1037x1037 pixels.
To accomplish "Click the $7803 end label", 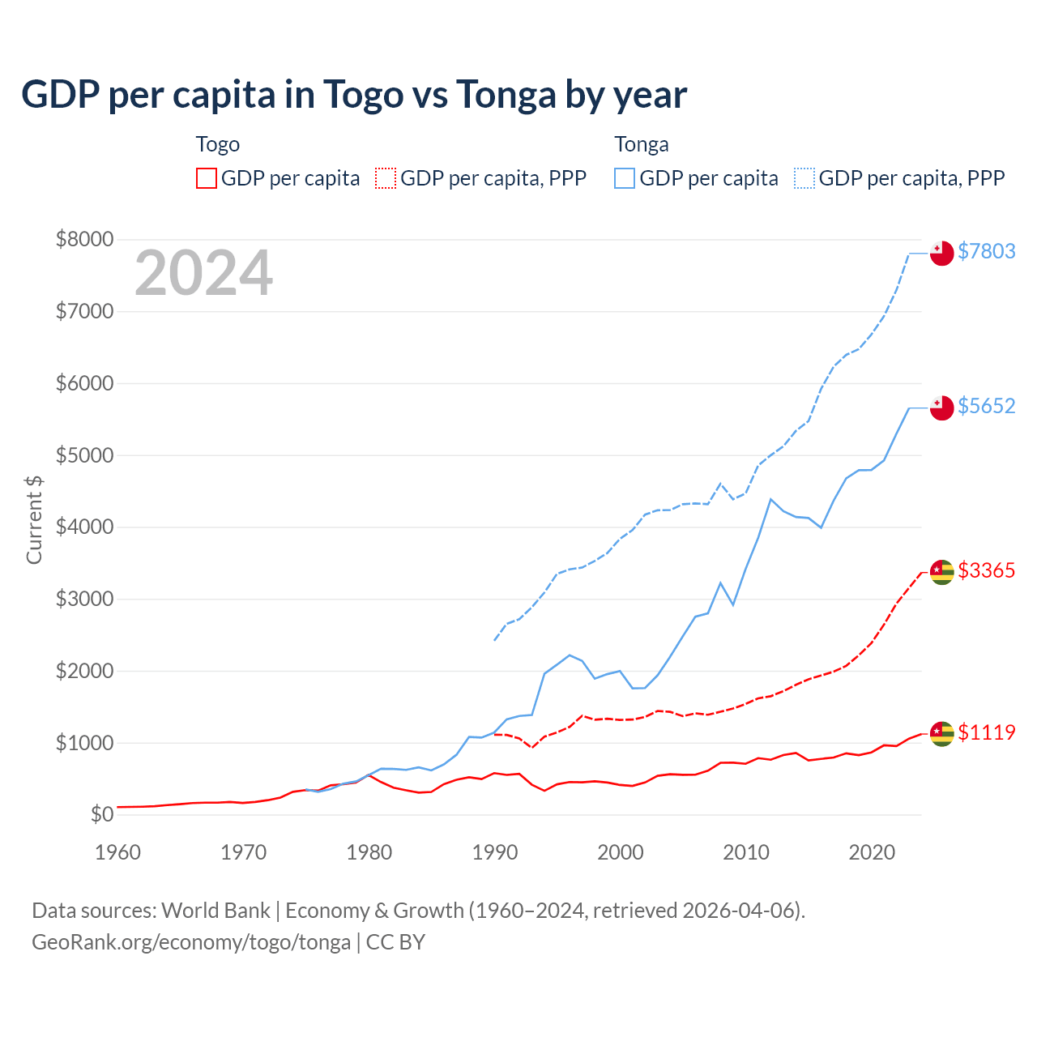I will point(986,251).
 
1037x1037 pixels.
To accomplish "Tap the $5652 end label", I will point(986,406).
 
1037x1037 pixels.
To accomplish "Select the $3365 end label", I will point(986,570).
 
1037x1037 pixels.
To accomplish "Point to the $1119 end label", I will point(986,732).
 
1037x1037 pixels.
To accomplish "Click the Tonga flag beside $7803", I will point(941,253).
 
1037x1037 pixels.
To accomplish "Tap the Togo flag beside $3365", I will point(941,572).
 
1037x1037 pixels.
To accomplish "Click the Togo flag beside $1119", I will point(941,733).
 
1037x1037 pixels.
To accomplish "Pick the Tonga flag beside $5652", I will point(941,408).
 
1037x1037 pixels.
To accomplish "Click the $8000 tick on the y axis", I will point(84,239).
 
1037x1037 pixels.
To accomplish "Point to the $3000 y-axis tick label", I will point(84,599).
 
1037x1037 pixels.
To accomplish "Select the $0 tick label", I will point(101,814).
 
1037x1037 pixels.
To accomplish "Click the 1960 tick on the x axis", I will point(118,852).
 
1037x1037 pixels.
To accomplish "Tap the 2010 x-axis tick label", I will point(746,852).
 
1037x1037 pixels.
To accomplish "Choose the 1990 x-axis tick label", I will point(495,852).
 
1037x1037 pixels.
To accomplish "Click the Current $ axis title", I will point(34,519).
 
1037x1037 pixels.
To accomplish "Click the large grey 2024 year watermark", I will point(203,273).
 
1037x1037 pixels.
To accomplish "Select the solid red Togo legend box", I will point(207,178).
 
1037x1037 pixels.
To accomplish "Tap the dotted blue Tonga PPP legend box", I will point(804,178).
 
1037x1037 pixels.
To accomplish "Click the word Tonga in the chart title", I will point(505,95).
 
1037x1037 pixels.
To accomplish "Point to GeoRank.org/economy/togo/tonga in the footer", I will point(191,942).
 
